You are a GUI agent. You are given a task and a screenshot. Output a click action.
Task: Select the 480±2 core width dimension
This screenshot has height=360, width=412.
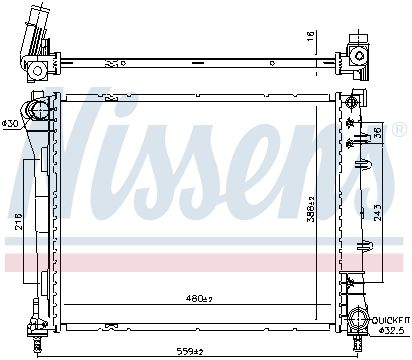199,298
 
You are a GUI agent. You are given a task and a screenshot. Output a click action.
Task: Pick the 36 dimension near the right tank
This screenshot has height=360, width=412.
377,134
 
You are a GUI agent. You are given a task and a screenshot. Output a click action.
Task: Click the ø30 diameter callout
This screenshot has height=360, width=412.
11,123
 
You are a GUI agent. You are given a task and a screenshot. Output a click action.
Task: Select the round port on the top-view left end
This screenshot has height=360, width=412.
35,69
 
